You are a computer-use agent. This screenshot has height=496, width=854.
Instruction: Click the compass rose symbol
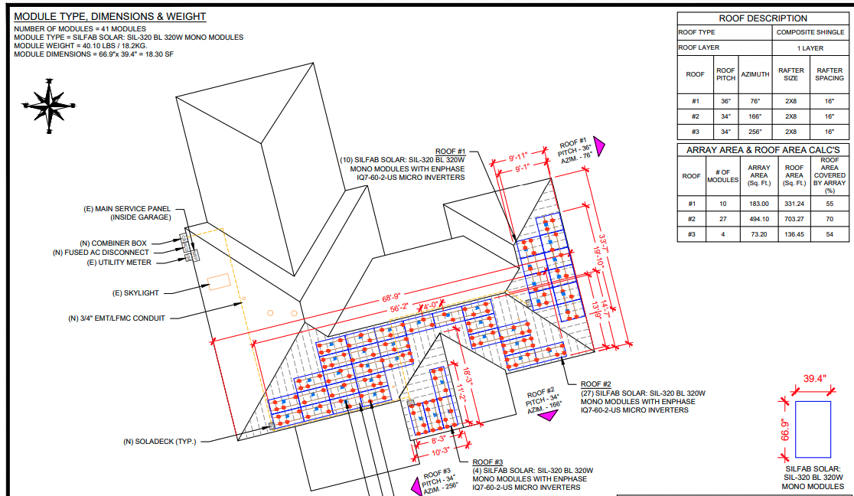point(49,106)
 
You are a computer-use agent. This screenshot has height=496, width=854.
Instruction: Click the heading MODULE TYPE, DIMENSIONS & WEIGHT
point(110,17)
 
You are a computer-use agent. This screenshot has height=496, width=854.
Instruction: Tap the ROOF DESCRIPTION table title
point(762,18)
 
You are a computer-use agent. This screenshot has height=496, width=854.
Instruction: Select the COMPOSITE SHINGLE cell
point(810,32)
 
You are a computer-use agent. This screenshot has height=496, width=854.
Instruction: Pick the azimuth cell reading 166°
point(755,116)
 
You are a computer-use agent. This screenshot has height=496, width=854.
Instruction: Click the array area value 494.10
point(758,219)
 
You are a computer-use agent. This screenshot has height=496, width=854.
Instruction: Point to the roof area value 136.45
point(794,234)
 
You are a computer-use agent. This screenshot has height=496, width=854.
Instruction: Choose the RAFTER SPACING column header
point(829,74)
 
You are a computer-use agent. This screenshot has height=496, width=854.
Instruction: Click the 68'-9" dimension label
point(391,298)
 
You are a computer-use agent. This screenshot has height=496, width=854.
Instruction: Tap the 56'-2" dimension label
point(399,308)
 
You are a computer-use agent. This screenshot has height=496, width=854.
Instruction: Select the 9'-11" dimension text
point(518,158)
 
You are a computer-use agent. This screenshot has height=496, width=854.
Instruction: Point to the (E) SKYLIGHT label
point(135,293)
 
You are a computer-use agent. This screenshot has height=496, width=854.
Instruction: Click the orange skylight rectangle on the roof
point(220,281)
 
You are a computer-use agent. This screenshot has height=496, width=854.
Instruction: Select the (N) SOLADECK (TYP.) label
point(160,442)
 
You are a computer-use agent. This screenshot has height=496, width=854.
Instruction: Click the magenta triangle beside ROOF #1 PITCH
point(599,146)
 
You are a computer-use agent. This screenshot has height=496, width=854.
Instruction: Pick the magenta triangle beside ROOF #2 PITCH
point(548,416)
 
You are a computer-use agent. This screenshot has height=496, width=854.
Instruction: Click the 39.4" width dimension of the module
point(814,379)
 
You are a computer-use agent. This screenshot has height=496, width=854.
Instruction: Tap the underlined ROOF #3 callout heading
point(487,462)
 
